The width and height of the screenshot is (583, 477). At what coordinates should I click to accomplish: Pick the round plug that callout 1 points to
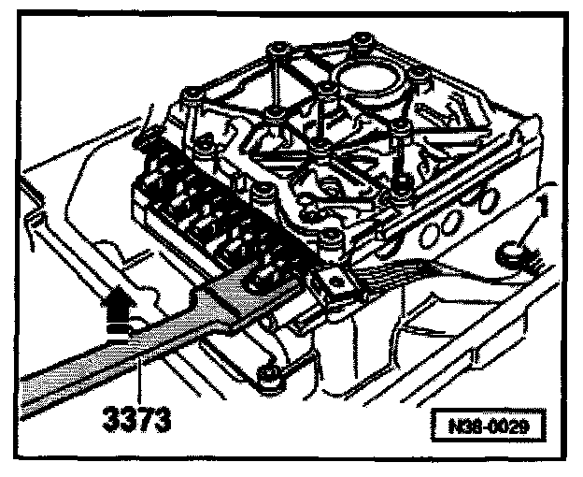512,250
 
